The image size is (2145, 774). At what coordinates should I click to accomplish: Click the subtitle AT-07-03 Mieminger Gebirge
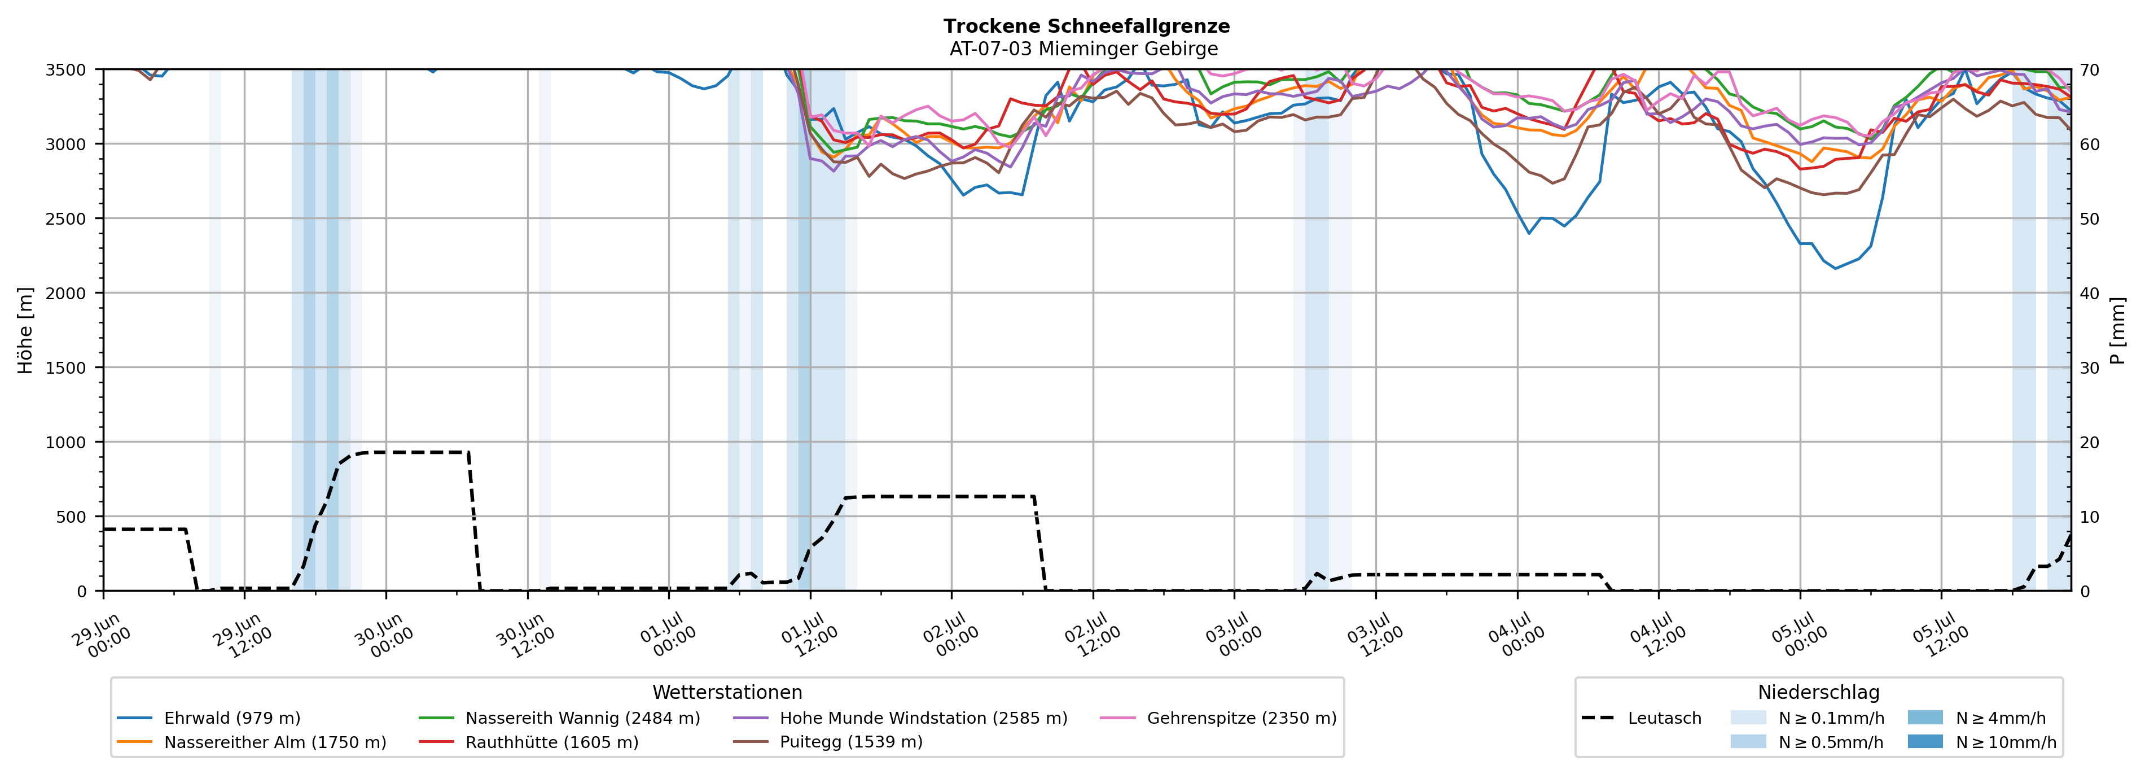(1084, 49)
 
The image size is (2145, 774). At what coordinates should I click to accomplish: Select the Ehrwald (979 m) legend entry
(208, 718)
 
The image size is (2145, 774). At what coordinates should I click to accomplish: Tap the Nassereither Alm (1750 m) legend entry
(252, 742)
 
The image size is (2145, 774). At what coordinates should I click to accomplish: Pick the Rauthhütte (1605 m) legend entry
(528, 742)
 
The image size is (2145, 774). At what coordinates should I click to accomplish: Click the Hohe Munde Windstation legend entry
(900, 718)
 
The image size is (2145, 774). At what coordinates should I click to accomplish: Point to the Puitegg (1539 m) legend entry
(828, 742)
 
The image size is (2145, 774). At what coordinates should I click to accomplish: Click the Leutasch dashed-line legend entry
(1640, 718)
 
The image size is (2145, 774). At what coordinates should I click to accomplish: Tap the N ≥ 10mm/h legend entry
(1982, 742)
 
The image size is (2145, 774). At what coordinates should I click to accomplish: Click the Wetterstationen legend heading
(727, 692)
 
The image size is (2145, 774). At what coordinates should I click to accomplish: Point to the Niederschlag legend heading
(1819, 692)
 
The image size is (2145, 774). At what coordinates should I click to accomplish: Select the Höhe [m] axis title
(26, 330)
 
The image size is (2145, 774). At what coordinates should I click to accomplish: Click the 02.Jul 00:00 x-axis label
(949, 635)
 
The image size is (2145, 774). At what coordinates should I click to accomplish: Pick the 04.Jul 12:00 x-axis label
(1657, 635)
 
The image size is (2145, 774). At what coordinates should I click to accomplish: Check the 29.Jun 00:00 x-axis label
(102, 635)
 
